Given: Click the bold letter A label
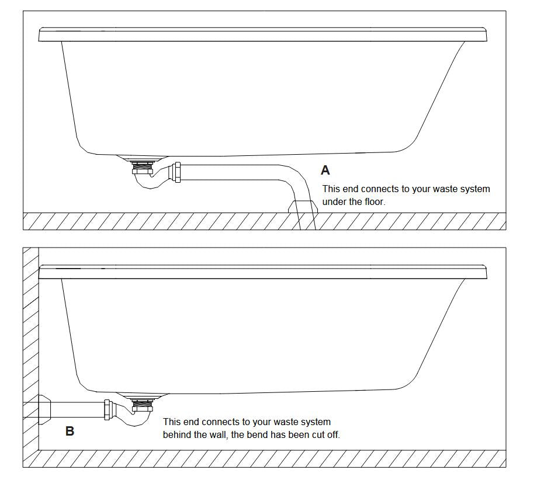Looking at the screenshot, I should pyautogui.click(x=325, y=171).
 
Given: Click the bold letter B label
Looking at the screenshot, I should pyautogui.click(x=70, y=432).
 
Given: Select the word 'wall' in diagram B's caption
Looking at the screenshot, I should pyautogui.click(x=227, y=434).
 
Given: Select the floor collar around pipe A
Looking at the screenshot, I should pyautogui.click(x=303, y=206).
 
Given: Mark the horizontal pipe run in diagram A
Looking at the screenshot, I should pyautogui.click(x=234, y=172).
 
